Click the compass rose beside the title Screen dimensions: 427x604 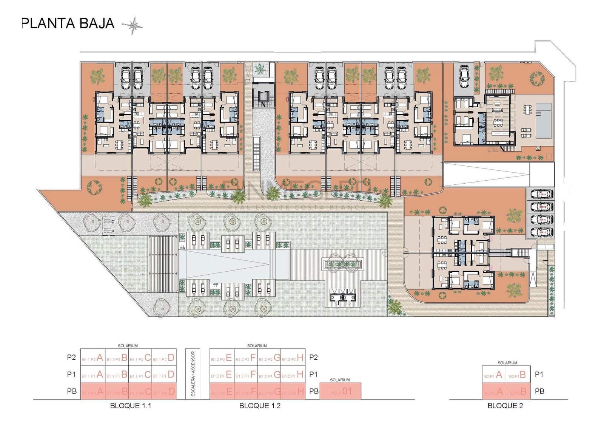(133, 25)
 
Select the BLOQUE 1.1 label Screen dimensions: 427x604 (131, 406)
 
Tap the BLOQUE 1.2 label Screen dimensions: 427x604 (260, 406)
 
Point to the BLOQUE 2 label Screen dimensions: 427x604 (505, 406)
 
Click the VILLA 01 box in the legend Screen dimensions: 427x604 (340, 391)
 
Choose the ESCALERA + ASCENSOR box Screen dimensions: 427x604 (193, 374)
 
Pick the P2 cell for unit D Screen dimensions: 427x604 (164, 357)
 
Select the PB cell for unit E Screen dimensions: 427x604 (222, 391)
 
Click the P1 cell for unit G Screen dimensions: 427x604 (269, 374)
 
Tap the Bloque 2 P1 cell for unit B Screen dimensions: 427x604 (518, 375)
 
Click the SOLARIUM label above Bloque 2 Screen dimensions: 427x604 (507, 363)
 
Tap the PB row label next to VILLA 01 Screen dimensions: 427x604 (314, 391)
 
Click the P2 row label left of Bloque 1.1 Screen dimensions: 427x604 (71, 357)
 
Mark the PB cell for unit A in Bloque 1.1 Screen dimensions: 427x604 (93, 391)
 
